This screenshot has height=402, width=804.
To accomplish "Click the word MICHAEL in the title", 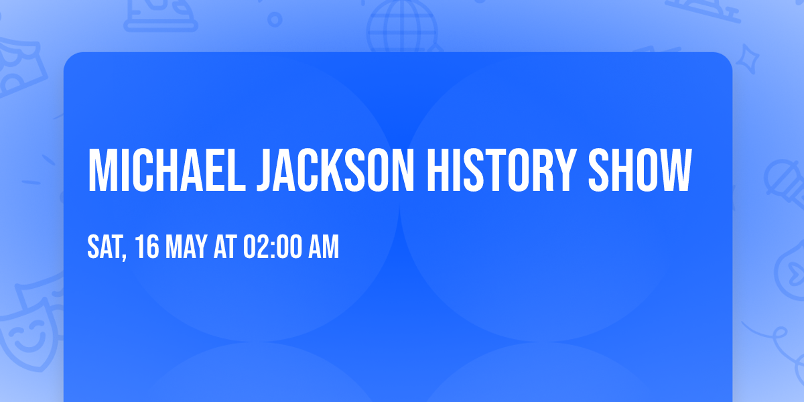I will (x=165, y=171).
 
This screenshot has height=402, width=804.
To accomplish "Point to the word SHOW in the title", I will (x=639, y=171).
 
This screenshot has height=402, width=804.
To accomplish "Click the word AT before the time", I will (x=225, y=247).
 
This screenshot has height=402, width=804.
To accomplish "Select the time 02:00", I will (x=272, y=247).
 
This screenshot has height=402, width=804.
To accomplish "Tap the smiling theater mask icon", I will (x=27, y=335).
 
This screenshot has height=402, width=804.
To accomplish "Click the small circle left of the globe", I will (x=275, y=19).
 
